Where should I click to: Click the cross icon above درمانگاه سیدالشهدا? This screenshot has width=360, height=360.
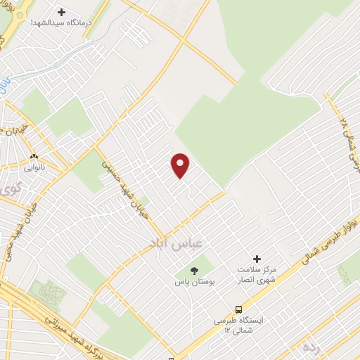61,12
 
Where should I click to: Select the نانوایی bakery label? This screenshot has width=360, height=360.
34,167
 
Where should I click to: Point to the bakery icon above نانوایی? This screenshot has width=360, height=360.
33,156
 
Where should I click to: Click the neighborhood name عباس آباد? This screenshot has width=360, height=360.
176,243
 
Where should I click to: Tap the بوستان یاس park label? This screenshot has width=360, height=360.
194,281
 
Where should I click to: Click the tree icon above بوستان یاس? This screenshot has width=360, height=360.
195,270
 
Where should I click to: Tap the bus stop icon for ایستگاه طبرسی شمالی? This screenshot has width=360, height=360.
238,309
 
